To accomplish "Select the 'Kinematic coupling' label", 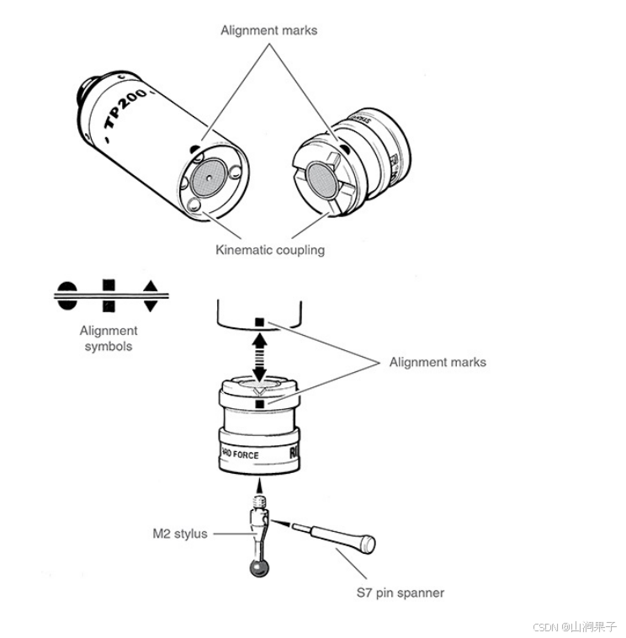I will click(x=269, y=250).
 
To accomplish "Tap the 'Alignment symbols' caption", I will click(x=109, y=338).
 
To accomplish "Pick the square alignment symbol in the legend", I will click(x=109, y=295).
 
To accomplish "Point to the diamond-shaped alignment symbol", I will click(x=150, y=295).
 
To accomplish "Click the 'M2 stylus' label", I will click(x=179, y=534).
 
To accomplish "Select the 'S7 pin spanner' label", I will click(x=400, y=593).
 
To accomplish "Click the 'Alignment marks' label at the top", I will click(x=268, y=30).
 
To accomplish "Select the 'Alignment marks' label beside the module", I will click(x=438, y=362).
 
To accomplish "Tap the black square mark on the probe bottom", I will click(x=261, y=322).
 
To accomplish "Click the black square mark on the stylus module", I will click(x=262, y=404).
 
